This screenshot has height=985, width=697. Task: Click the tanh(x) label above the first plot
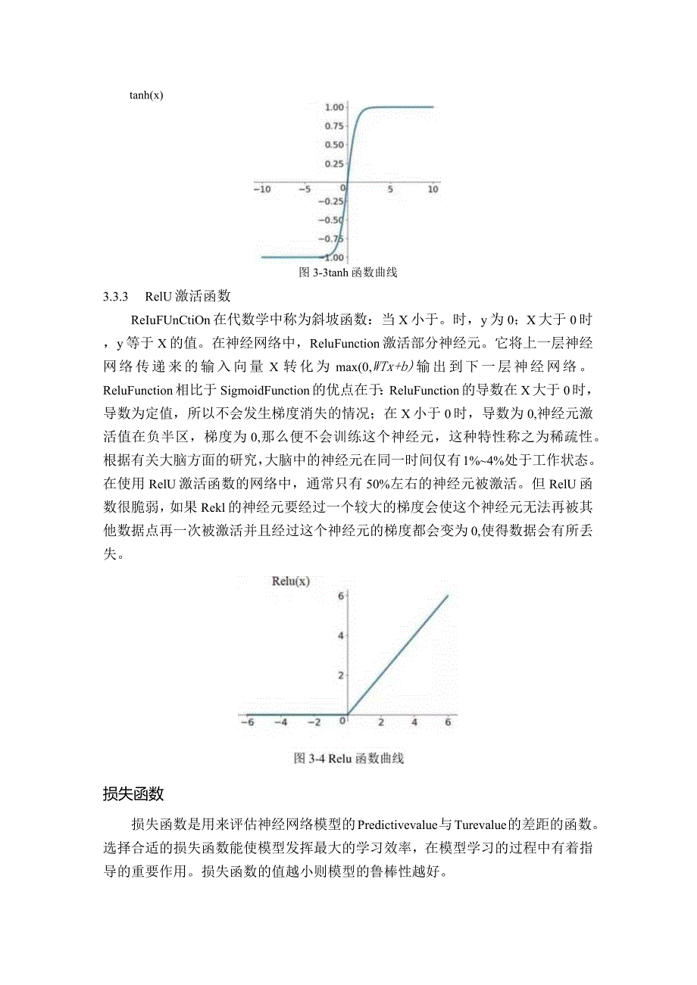click(146, 95)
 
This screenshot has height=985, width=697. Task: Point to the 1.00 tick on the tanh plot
click(334, 107)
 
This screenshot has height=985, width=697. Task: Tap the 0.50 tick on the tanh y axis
click(334, 145)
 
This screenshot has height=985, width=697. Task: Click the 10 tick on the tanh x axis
click(433, 189)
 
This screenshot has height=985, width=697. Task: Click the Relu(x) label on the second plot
click(290, 581)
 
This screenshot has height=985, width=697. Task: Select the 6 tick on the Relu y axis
click(342, 596)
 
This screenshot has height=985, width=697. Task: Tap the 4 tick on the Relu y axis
click(342, 635)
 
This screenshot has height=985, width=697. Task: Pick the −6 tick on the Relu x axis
click(247, 722)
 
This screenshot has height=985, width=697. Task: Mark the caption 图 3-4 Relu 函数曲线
click(348, 758)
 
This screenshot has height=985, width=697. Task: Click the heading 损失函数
click(133, 794)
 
